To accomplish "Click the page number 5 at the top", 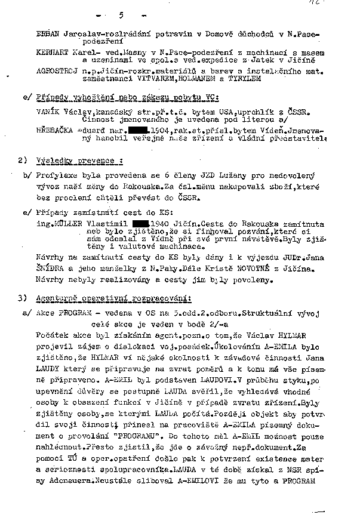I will (x=121, y=14).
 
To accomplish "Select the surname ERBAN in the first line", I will (x=48, y=35).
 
